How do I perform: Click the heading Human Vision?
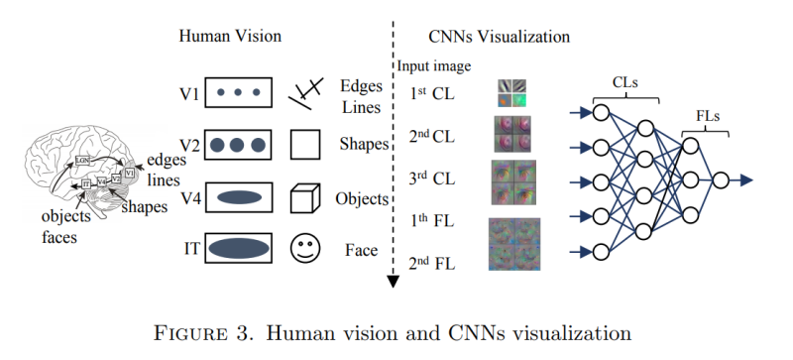229,36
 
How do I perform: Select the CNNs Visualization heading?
499,36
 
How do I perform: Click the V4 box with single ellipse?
237,197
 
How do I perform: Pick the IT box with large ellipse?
237,247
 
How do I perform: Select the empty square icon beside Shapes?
303,146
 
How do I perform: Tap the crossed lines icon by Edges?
303,94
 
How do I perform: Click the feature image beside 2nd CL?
513,134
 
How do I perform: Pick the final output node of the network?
721,180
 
